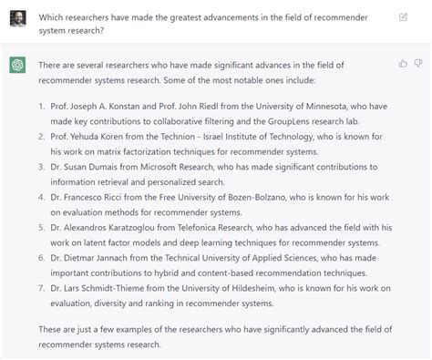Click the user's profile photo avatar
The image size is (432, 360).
(18, 18)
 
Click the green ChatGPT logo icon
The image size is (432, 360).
(18, 65)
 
